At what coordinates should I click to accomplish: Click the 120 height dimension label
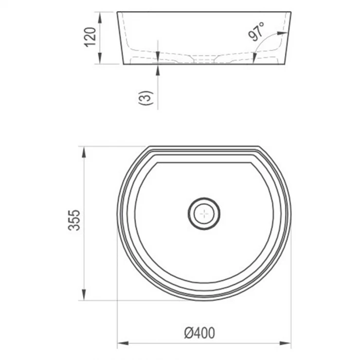(90, 37)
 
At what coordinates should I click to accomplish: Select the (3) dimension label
(146, 98)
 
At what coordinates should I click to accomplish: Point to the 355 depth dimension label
(74, 220)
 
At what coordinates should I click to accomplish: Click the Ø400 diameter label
(199, 333)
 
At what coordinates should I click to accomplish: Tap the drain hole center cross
(204, 214)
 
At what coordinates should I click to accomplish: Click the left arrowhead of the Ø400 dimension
(123, 343)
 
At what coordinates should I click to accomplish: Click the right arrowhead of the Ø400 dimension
(286, 343)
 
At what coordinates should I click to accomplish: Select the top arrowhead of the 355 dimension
(84, 152)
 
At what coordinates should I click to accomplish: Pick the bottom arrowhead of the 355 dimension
(84, 294)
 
